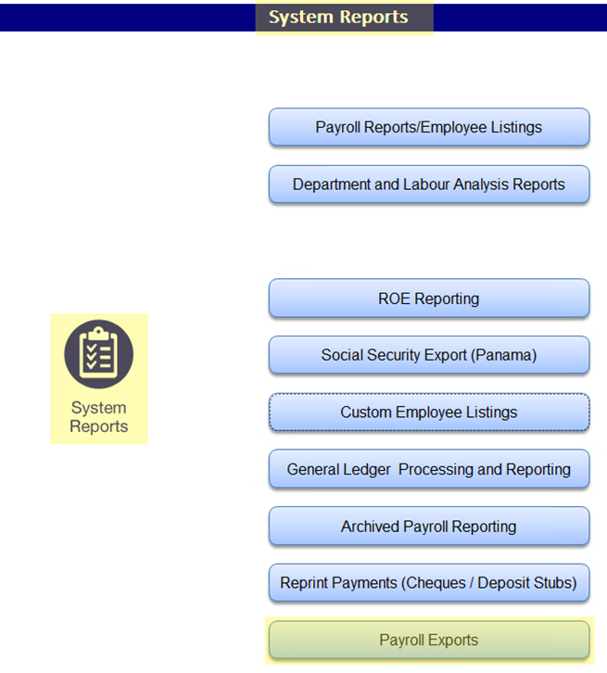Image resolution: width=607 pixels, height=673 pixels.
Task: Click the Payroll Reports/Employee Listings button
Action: point(428,127)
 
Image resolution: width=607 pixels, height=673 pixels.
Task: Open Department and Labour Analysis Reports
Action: point(428,184)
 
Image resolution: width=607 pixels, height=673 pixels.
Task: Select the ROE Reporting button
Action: point(428,298)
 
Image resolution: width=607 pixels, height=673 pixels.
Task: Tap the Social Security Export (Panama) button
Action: point(428,355)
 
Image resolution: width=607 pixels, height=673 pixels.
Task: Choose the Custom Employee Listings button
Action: point(428,413)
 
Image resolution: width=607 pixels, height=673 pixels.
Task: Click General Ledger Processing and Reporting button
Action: point(428,469)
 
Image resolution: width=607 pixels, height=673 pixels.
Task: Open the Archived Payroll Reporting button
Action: point(428,527)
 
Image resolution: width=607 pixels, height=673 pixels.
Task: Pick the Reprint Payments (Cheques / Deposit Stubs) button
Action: point(428,583)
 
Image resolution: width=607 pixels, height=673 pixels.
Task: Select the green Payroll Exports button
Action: point(428,640)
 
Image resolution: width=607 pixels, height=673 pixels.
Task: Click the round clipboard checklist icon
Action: point(98,354)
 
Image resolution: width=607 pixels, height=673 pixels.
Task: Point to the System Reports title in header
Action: point(338,17)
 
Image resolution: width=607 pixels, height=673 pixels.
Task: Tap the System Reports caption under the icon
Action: point(98,417)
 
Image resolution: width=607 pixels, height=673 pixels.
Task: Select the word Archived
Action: point(370,527)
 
